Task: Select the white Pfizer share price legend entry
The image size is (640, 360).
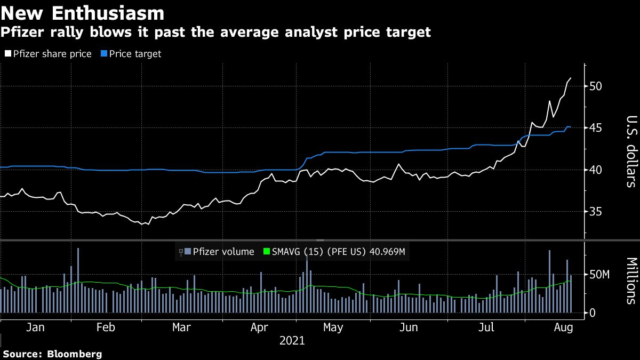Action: click(48, 54)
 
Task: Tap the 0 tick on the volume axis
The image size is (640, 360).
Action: click(592, 313)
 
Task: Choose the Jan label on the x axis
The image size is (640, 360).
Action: click(35, 326)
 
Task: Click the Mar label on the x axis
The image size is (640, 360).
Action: click(181, 326)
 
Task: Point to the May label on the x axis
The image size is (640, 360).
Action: click(333, 326)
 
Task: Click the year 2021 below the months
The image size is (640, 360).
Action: click(292, 340)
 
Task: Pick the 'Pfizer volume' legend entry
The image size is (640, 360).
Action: click(223, 252)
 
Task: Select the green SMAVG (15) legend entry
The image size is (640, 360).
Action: click(336, 252)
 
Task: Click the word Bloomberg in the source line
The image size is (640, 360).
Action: click(75, 354)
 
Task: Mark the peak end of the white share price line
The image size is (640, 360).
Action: click(571, 78)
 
